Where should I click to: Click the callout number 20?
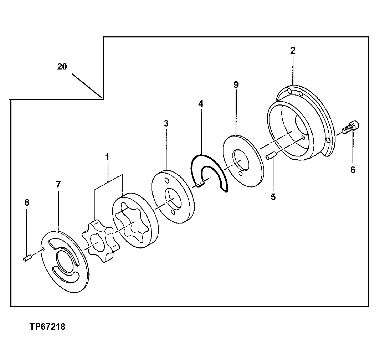coord(62,67)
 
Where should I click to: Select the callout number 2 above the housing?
coord(293,51)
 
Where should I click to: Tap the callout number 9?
coord(236,85)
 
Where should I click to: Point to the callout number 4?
coord(201,104)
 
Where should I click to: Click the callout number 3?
coord(166,124)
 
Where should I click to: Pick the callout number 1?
coord(107,157)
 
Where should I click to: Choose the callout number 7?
coord(58,184)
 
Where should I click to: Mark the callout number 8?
coord(27,202)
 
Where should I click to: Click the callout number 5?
coord(273,197)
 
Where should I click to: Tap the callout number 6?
coord(353,170)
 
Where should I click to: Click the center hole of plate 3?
coord(173,200)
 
